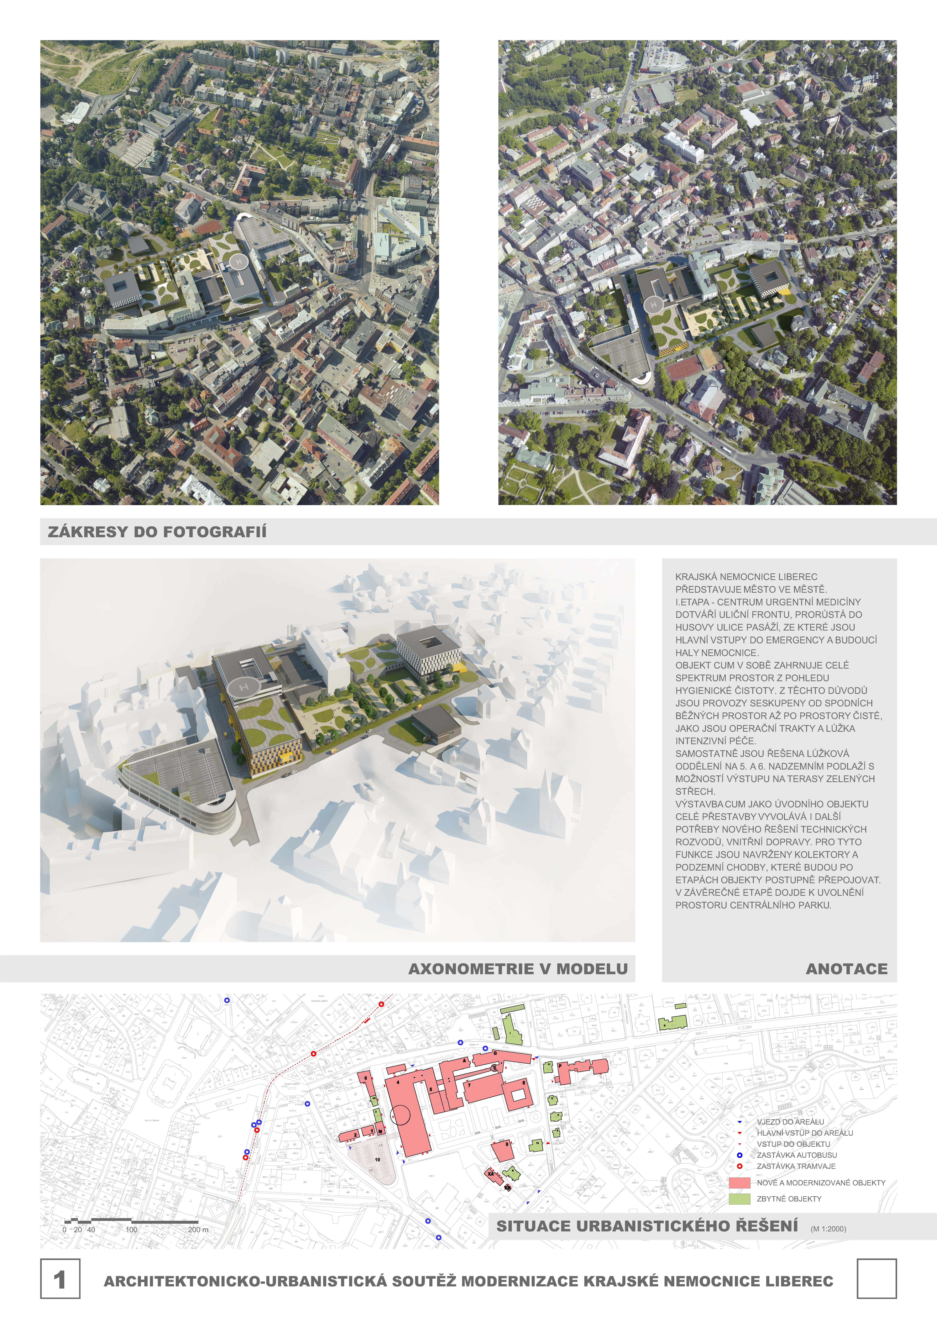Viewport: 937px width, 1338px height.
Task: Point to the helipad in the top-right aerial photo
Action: click(653, 304)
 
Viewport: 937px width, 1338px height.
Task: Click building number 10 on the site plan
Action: click(377, 1160)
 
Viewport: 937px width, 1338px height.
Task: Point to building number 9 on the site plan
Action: click(507, 1144)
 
